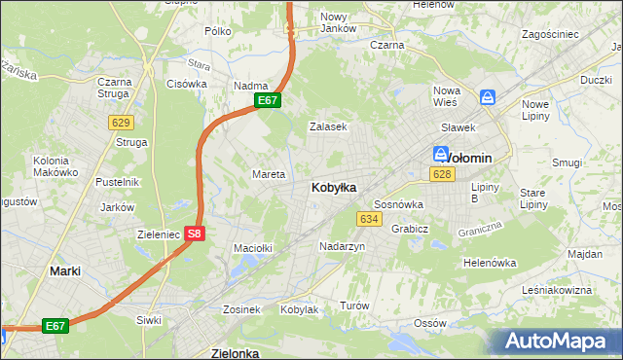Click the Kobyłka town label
coord(333,187)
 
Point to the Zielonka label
coord(235,353)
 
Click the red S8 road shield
coord(195,234)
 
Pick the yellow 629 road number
coord(121,123)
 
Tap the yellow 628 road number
coord(443,174)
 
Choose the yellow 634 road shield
coord(368,219)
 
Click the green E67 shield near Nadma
coord(269,100)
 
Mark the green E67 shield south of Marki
coord(55,326)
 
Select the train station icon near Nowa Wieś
coord(488,97)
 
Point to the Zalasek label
coord(328,126)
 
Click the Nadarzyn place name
coord(342,247)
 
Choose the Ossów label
coord(429,322)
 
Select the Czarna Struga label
coord(114,88)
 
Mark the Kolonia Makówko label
coord(55,165)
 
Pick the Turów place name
coord(354,306)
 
